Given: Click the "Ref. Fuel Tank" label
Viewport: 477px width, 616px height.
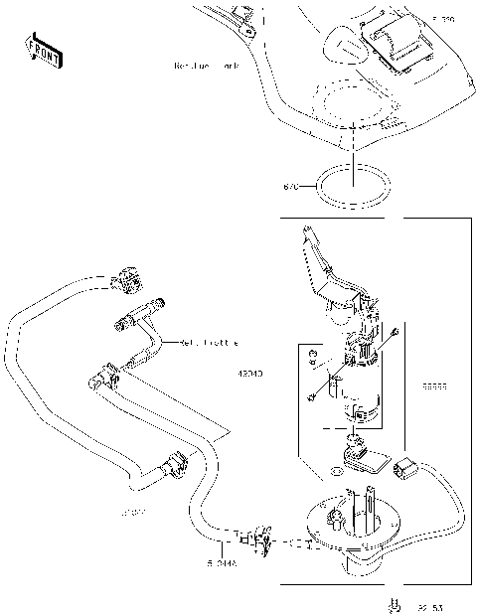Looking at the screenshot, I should click(206, 67).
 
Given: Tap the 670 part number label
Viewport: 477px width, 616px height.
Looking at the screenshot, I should click(291, 187).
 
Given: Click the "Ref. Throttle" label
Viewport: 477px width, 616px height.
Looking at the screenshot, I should click(209, 343).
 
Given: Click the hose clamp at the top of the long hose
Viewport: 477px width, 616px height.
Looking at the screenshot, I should click(127, 280).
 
